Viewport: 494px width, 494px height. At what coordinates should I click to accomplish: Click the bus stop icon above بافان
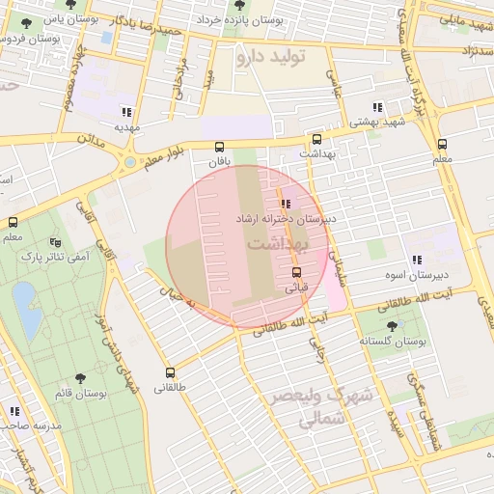[x=222, y=147]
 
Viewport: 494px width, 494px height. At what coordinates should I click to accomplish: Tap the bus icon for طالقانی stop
[x=171, y=371]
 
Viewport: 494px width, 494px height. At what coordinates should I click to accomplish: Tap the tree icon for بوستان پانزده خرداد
[x=232, y=5]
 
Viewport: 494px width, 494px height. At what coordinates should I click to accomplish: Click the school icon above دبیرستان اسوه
[x=417, y=260]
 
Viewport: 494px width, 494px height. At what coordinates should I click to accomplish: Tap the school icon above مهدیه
[x=127, y=111]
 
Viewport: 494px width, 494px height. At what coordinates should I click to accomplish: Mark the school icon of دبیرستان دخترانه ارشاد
[x=285, y=204]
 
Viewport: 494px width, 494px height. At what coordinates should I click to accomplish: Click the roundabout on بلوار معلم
[x=128, y=162]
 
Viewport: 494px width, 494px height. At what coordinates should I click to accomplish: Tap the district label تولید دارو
[x=270, y=58]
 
